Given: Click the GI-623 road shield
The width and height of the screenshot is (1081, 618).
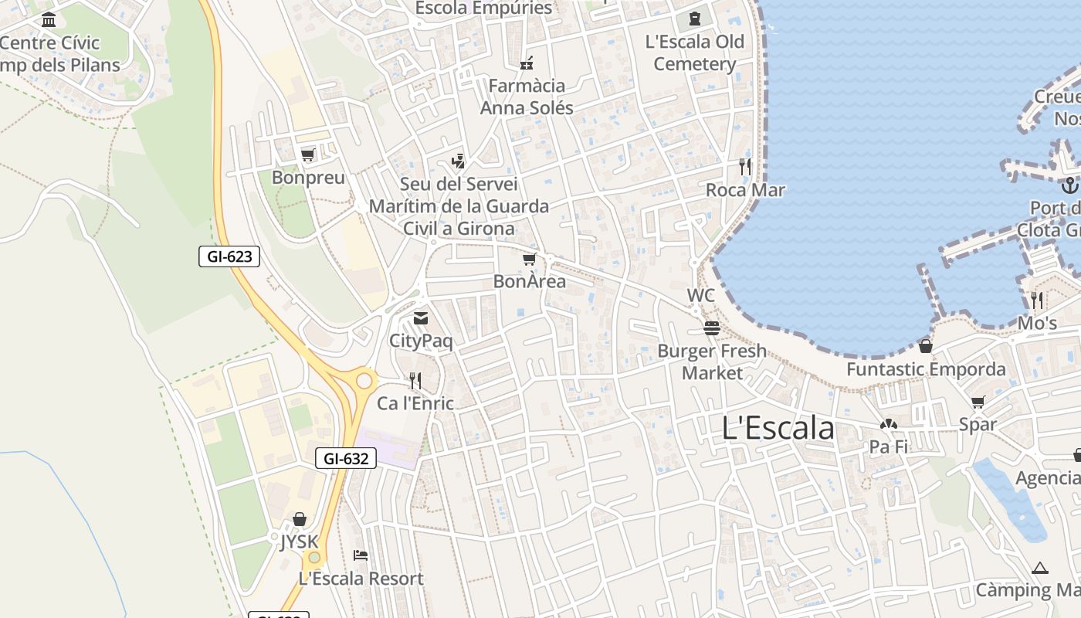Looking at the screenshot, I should pyautogui.click(x=229, y=256).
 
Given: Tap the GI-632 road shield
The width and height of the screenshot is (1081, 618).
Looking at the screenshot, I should pyautogui.click(x=346, y=458).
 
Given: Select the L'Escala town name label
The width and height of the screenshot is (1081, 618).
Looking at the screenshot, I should pyautogui.click(x=778, y=428).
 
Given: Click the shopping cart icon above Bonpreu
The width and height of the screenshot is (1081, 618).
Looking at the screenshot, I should pyautogui.click(x=307, y=155).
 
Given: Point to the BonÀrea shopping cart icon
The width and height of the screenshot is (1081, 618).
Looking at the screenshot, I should pyautogui.click(x=529, y=260).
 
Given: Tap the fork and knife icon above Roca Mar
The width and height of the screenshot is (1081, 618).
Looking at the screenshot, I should pyautogui.click(x=744, y=166).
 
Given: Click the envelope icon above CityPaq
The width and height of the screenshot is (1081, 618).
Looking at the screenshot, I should pyautogui.click(x=421, y=318).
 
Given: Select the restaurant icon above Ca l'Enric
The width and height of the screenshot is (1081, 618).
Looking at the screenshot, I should pyautogui.click(x=415, y=380).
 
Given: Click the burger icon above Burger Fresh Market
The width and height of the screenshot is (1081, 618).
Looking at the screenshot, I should pyautogui.click(x=711, y=328).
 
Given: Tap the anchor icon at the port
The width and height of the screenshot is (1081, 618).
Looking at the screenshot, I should pyautogui.click(x=1069, y=185).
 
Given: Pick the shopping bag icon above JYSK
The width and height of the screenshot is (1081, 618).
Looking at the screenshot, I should pyautogui.click(x=299, y=519).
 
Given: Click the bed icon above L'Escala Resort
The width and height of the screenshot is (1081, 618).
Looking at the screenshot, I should pyautogui.click(x=361, y=555).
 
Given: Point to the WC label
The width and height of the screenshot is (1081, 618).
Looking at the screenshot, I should pyautogui.click(x=700, y=296).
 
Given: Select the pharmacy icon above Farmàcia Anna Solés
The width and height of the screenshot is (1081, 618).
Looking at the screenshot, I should pyautogui.click(x=527, y=63).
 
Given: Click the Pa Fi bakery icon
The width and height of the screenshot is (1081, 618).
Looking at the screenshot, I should pyautogui.click(x=888, y=424).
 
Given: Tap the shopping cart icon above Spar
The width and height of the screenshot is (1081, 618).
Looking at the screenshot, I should pyautogui.click(x=978, y=402).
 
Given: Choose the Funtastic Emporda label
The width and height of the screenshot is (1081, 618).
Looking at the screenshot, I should pyautogui.click(x=926, y=369).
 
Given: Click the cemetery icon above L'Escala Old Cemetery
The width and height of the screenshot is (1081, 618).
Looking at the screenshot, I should pyautogui.click(x=694, y=19).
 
